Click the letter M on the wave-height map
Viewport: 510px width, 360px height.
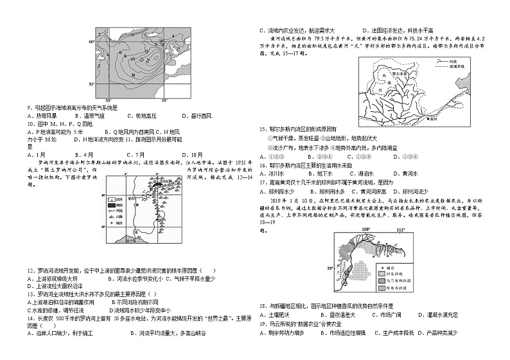click(x=133, y=75)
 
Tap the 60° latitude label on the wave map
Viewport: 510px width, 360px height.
click(x=91, y=41)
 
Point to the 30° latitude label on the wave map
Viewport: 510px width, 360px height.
click(x=91, y=84)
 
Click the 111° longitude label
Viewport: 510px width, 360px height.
click(x=400, y=229)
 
